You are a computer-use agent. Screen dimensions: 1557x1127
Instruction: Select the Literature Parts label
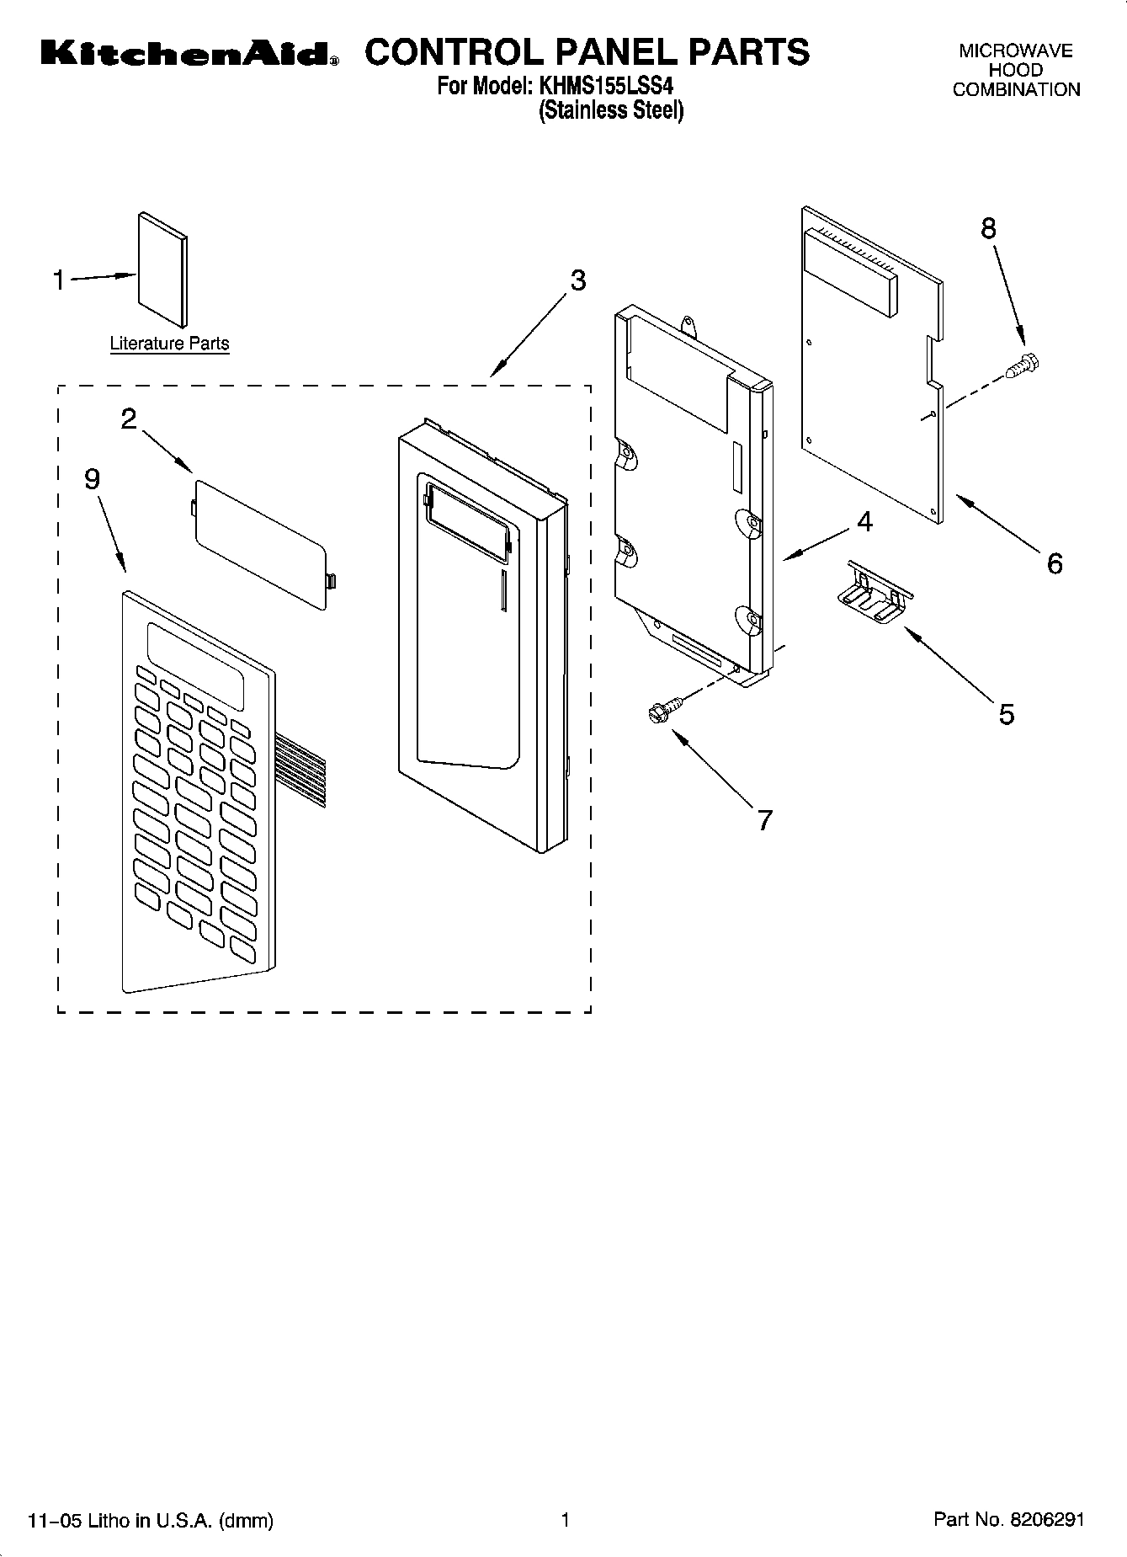[169, 344]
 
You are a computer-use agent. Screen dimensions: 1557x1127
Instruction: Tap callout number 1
[59, 280]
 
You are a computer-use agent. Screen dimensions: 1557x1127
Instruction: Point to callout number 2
[129, 419]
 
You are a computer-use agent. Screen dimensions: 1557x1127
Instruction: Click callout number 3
[577, 280]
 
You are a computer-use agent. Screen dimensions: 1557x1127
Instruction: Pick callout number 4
[864, 522]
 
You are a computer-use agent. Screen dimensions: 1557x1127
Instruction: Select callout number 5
[1007, 714]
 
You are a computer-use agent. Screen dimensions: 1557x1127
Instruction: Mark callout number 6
[1055, 563]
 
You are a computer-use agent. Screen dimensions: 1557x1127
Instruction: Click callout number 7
[764, 819]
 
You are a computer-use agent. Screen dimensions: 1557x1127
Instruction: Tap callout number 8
[988, 228]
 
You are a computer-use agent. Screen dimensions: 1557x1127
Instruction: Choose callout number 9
[92, 478]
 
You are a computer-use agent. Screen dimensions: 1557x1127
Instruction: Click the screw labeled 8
[1024, 365]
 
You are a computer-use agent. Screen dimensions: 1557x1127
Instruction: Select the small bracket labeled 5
[873, 595]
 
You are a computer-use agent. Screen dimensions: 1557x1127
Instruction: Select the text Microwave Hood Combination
[1016, 71]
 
